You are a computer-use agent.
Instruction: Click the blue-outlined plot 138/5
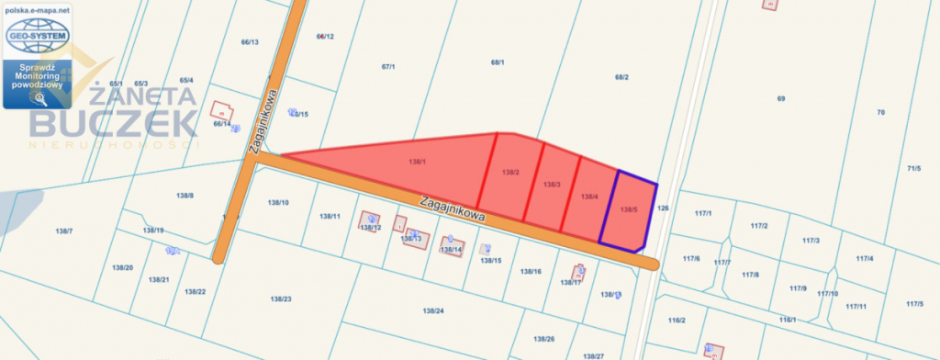[629, 211]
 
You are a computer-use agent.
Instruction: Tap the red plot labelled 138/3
[551, 186]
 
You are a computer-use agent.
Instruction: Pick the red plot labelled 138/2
[511, 173]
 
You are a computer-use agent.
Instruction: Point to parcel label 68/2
[621, 77]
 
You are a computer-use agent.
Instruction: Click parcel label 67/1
[387, 67]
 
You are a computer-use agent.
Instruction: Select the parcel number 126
[664, 208]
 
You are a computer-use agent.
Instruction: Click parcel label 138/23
[281, 298]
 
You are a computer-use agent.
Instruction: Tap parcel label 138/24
[433, 311]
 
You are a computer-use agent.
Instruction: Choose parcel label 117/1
[704, 213]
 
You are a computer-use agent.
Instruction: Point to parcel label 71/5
[913, 168]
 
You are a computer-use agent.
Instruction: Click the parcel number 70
[880, 112]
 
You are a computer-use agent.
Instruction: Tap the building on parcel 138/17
[579, 272]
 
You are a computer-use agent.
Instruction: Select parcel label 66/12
[325, 37]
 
